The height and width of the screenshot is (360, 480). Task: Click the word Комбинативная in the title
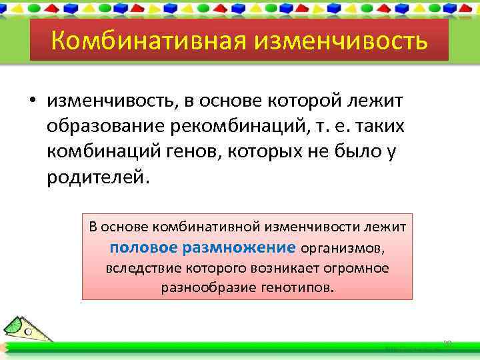click(x=137, y=41)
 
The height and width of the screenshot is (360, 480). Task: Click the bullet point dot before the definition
click(x=32, y=101)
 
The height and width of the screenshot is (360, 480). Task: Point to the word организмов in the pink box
click(x=343, y=249)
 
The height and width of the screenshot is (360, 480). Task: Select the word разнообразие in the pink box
click(x=200, y=288)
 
